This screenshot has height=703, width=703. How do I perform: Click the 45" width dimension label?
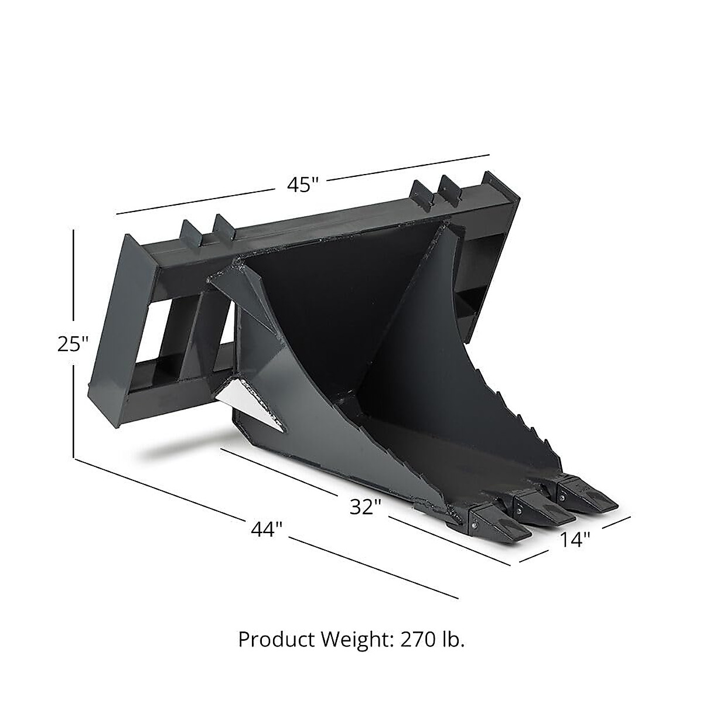tap(302, 185)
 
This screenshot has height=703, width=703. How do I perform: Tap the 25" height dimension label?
tap(73, 344)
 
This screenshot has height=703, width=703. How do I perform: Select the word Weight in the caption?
tap(354, 640)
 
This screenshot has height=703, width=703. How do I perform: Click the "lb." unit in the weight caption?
tap(454, 640)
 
